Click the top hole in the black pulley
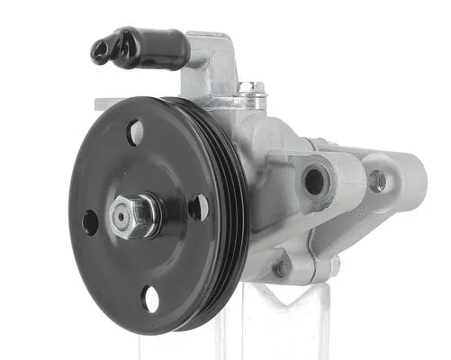135,133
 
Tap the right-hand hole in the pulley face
198,207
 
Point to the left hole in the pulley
90,221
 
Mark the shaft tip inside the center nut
121,214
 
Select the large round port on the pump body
314,181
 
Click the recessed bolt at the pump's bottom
281,267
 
